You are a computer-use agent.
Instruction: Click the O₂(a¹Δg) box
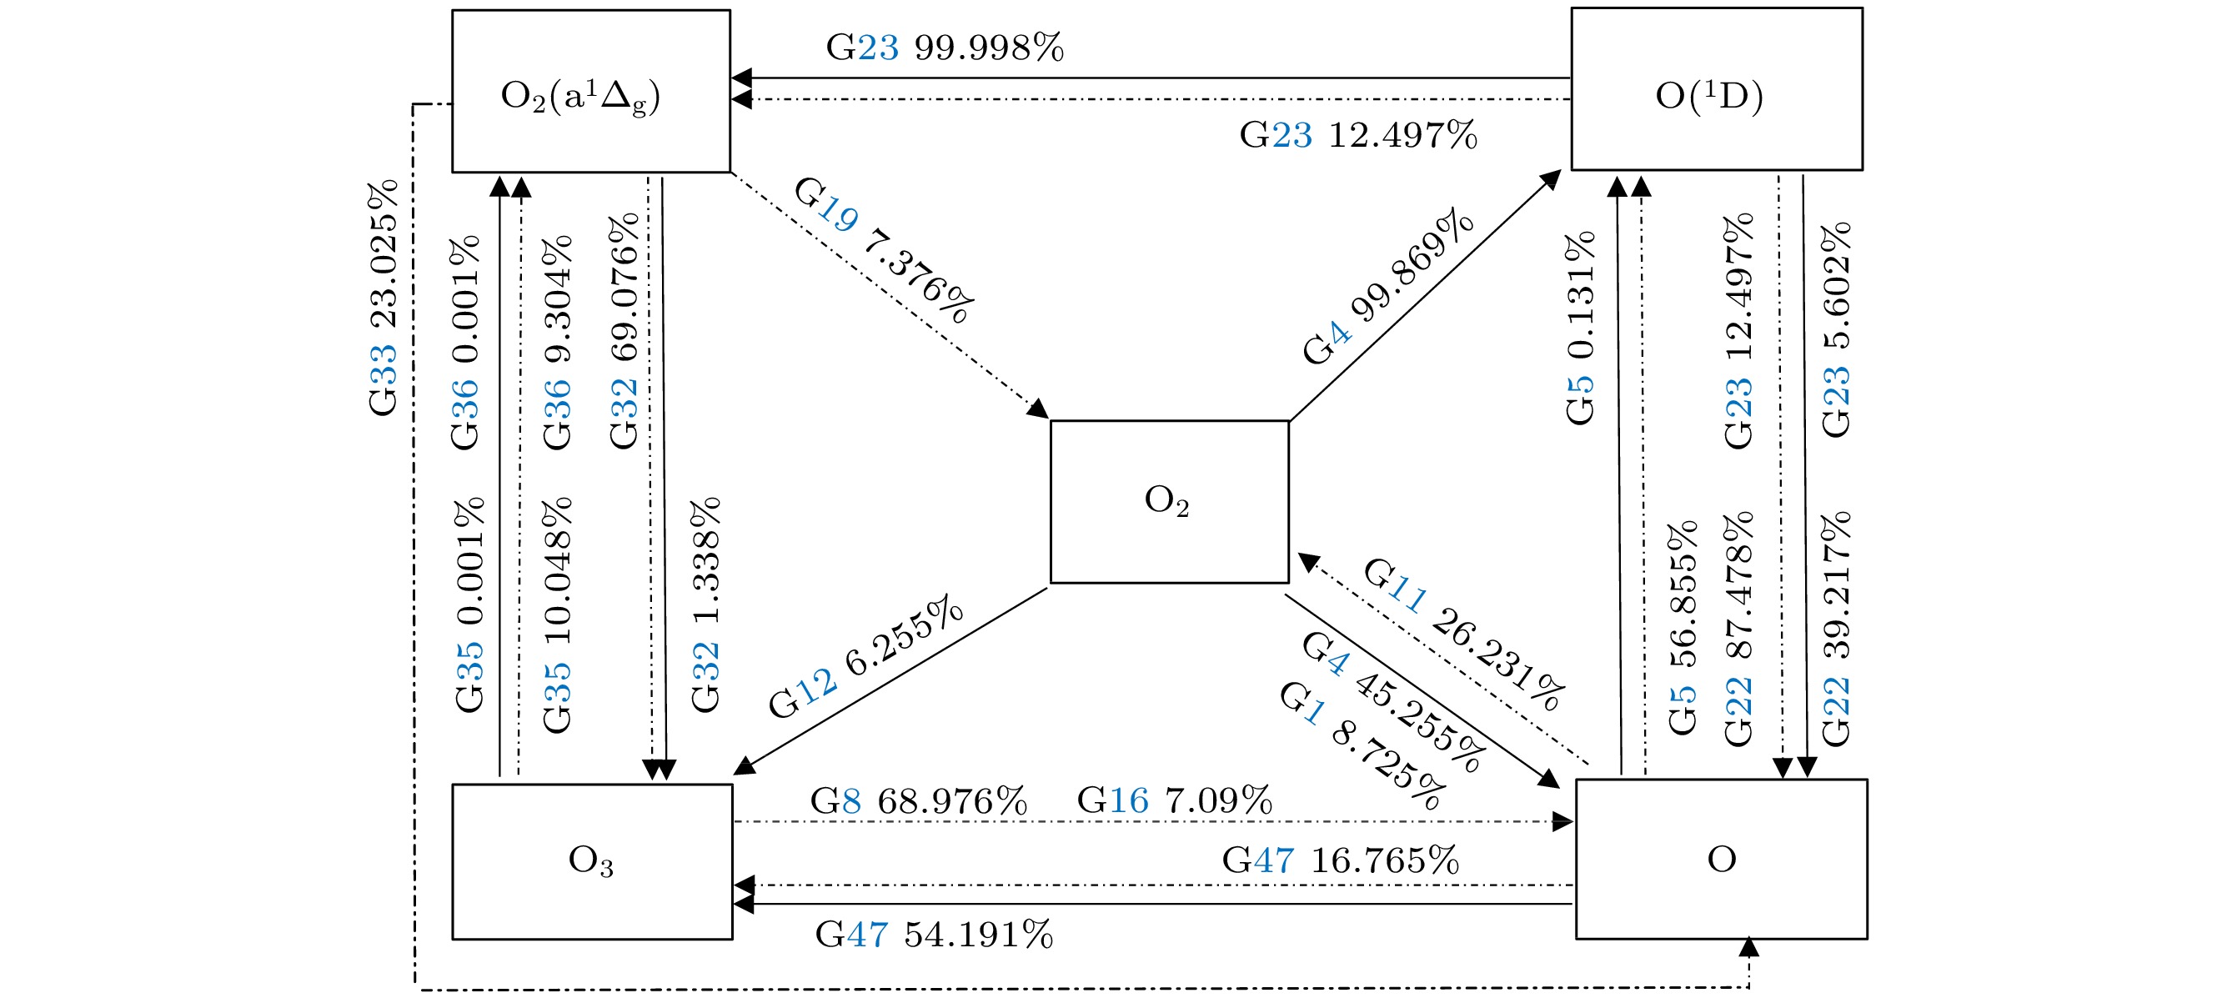click(x=591, y=91)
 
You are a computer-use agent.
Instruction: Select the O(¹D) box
click(x=1717, y=89)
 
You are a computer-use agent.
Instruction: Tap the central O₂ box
click(x=1169, y=502)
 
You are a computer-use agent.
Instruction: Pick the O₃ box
click(x=592, y=861)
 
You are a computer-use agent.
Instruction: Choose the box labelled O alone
click(x=1721, y=859)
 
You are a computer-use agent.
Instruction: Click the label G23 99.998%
click(x=945, y=48)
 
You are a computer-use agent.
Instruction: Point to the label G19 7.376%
click(x=884, y=249)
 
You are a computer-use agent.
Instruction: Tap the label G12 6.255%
click(x=865, y=656)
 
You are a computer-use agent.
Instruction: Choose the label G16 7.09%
click(x=1174, y=800)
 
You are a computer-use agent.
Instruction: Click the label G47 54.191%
click(x=934, y=935)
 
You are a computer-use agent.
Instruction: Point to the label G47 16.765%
click(x=1341, y=860)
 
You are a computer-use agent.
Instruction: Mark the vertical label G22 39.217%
click(x=1836, y=629)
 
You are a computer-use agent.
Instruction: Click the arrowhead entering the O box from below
click(x=1749, y=947)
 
